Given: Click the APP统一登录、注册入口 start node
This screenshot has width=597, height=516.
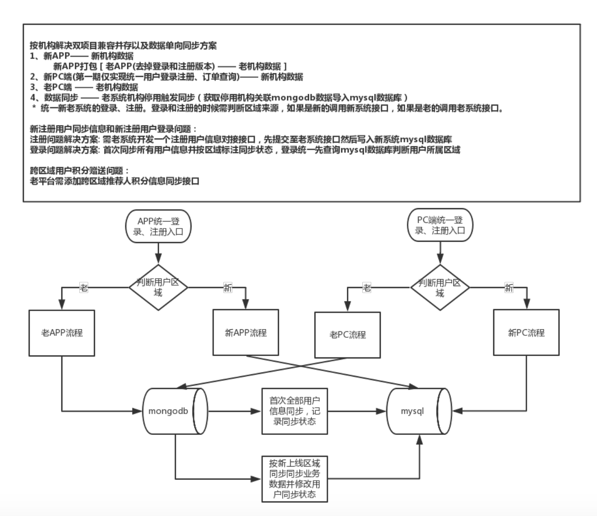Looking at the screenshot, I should [158, 226].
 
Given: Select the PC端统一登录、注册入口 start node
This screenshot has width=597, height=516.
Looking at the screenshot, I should [440, 225].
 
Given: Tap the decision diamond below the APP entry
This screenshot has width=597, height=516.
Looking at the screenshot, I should [158, 287].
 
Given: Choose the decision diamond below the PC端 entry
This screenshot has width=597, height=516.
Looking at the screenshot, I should [440, 287].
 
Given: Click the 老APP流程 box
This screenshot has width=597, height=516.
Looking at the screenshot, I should [62, 333].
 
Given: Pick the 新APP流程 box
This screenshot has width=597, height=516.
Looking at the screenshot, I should [245, 333].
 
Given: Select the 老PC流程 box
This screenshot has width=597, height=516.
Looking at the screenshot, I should [347, 335].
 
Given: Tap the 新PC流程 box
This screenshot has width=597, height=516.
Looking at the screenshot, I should [526, 333].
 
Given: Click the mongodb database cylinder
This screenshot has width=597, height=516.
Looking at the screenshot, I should [175, 411].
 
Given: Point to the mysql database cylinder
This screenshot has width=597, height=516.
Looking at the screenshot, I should [418, 411].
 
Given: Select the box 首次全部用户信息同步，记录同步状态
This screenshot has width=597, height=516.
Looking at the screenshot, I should [294, 411].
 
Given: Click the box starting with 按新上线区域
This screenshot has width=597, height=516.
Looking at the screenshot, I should [294, 479].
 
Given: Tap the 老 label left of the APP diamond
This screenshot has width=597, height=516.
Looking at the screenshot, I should [84, 288].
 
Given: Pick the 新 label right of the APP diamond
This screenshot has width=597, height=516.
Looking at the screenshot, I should [228, 288].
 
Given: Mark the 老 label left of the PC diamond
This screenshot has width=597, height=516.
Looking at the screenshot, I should [367, 288].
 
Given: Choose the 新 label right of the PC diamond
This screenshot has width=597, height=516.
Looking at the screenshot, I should [509, 288].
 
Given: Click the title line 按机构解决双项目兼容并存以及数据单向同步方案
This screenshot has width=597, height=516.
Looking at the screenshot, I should [123, 46].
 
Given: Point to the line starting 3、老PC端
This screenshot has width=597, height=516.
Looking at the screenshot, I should [84, 87].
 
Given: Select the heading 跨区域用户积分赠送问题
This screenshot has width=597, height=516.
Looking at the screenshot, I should [79, 170].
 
